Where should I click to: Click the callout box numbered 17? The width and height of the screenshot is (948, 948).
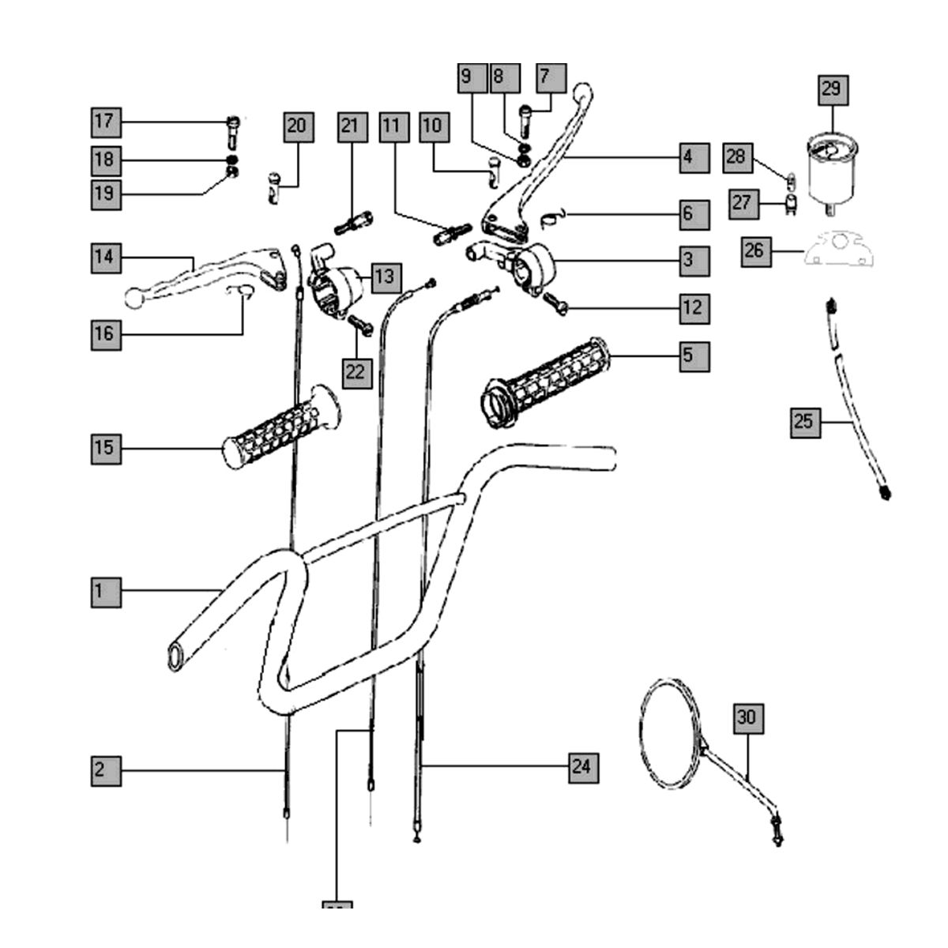click(104, 122)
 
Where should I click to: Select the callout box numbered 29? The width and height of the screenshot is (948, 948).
click(832, 89)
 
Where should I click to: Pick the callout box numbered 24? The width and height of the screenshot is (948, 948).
click(581, 766)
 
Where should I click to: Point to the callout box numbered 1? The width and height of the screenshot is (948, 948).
click(105, 591)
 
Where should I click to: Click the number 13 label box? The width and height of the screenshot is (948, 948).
click(384, 277)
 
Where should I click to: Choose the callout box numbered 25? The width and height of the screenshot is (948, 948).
click(804, 422)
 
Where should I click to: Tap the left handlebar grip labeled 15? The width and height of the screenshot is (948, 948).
click(280, 431)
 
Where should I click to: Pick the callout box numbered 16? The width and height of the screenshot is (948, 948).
click(105, 334)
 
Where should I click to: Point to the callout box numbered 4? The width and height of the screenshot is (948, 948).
click(687, 157)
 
